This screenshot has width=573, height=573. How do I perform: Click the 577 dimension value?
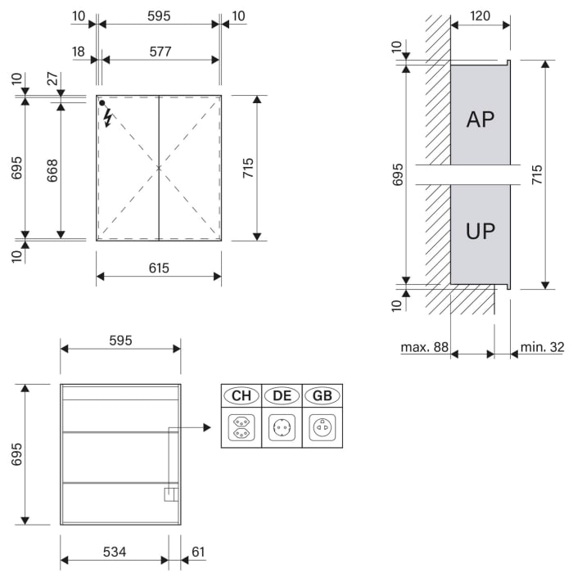pos(160,52)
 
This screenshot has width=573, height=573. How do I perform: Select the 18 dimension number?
pos(79,52)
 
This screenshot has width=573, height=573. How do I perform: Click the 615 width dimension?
pos(159,268)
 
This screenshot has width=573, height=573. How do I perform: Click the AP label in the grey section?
pos(481,120)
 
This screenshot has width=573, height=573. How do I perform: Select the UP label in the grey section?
pos(481,231)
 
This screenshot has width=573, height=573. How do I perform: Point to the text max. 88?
pos(424,347)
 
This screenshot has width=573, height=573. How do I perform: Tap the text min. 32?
pos(543,347)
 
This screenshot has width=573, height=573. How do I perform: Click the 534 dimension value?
pos(115,552)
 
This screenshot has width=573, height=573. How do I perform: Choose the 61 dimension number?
pos(198,552)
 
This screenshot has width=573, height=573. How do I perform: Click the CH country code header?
pos(241,396)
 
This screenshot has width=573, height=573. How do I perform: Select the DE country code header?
pos(282,396)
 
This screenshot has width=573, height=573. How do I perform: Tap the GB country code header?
pos(323,396)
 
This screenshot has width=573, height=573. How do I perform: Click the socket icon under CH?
pos(241,427)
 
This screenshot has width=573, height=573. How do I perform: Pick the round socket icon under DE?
pos(282,427)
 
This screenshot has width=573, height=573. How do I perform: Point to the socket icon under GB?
pos(323,427)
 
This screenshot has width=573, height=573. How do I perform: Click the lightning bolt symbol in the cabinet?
pos(107,119)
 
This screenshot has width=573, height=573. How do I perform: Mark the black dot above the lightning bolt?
pos(102,103)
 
